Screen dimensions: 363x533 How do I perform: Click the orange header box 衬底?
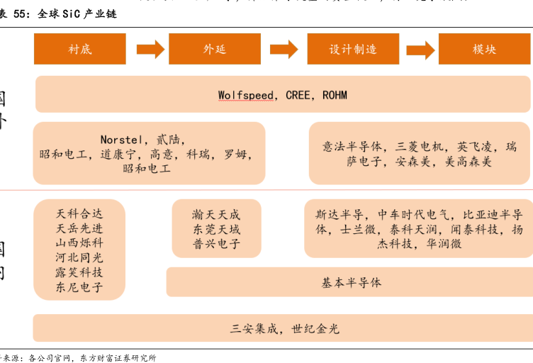click(80, 49)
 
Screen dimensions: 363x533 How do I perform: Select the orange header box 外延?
click(214, 49)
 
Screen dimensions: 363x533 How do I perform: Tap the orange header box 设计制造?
click(353, 49)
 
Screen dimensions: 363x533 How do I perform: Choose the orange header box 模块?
click(484, 49)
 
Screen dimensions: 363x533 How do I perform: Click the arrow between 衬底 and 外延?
click(150, 49)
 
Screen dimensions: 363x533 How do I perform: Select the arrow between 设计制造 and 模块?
click(420, 49)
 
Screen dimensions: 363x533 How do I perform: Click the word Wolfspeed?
click(247, 95)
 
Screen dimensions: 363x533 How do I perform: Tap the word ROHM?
click(335, 95)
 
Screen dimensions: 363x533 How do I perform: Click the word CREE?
click(298, 95)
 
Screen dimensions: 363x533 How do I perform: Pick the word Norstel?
click(122, 139)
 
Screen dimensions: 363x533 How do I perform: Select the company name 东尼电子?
click(79, 287)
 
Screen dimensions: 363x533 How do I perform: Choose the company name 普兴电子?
click(216, 245)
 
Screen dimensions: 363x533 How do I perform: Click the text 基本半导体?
click(352, 282)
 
